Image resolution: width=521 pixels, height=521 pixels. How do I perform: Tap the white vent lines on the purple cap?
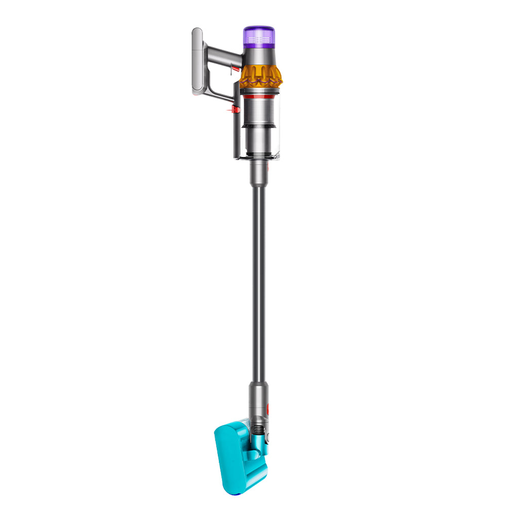(x=259, y=40)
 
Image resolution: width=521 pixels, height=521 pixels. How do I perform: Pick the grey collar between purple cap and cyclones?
(x=259, y=56)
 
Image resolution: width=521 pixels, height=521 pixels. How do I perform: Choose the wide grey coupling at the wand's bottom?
(x=257, y=398)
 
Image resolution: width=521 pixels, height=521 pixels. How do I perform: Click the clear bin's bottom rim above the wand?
(x=258, y=158)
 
